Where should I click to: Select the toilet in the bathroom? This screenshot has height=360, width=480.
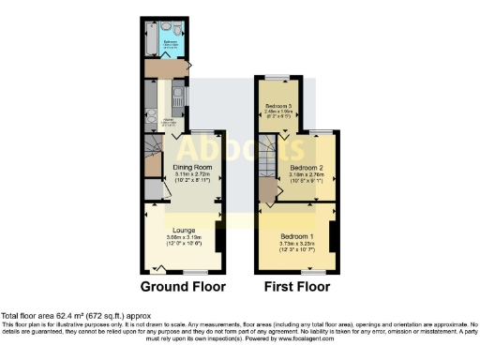point(166,26)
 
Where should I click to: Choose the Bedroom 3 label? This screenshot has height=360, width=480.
point(278,106)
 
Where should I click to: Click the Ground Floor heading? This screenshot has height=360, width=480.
point(183,286)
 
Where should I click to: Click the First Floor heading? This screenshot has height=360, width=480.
point(294,286)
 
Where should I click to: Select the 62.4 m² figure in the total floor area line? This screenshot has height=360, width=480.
point(65,317)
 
